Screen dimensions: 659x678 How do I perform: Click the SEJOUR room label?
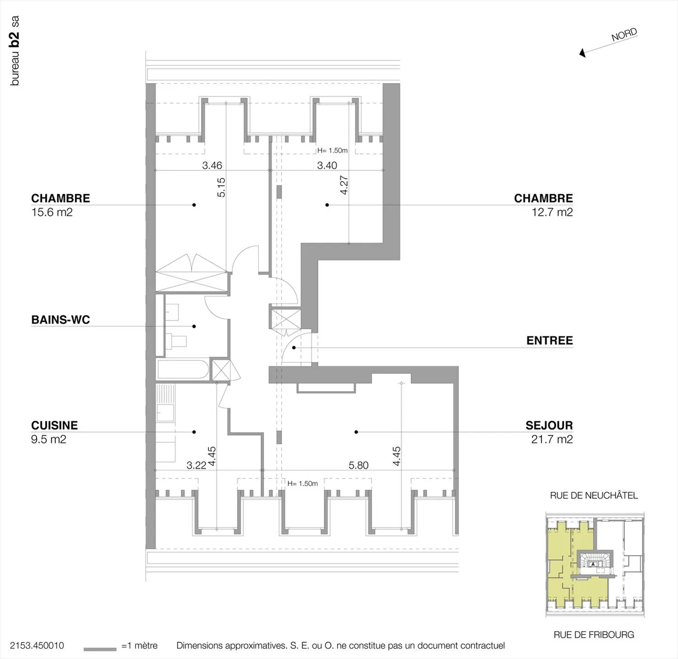pyautogui.click(x=549, y=425)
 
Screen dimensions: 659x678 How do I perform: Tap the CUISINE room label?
pyautogui.click(x=54, y=425)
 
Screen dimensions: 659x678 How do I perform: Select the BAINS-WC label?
pyautogui.click(x=60, y=320)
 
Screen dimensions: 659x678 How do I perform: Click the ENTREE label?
pyautogui.click(x=549, y=341)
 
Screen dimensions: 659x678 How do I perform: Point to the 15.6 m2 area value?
pyautogui.click(x=52, y=212)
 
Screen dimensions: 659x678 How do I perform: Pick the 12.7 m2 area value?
pyautogui.click(x=552, y=212)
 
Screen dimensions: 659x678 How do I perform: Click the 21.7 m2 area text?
pyautogui.click(x=552, y=439)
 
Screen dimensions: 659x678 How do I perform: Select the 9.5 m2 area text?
pyautogui.click(x=48, y=439)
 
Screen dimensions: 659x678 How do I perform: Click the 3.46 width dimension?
pyautogui.click(x=212, y=165)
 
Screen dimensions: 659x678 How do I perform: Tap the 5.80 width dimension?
pyautogui.click(x=358, y=465)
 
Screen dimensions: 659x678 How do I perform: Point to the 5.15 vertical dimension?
pyautogui.click(x=221, y=187)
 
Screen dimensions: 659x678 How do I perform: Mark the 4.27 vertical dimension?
pyautogui.click(x=344, y=185)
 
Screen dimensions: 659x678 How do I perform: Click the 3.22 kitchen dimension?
pyautogui.click(x=196, y=465)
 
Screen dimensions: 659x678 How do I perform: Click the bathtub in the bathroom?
pyautogui.click(x=183, y=370)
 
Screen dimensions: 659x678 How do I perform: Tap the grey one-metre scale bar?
pyautogui.click(x=100, y=649)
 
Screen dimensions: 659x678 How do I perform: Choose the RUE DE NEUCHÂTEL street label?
pyautogui.click(x=594, y=496)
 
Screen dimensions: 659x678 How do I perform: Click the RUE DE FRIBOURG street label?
pyautogui.click(x=594, y=635)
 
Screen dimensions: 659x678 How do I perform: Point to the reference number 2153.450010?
pyautogui.click(x=37, y=646)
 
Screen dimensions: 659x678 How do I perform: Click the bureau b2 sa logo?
pyautogui.click(x=15, y=51)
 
